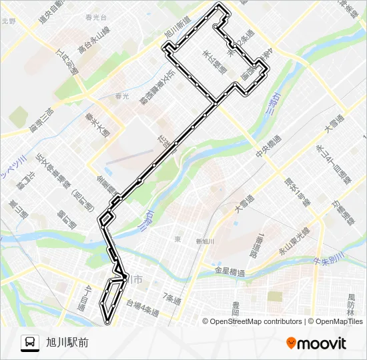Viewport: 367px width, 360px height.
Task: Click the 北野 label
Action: click(x=8, y=21)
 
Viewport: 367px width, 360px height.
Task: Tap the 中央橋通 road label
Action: click(x=269, y=151)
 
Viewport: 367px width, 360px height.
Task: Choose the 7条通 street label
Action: click(x=172, y=298)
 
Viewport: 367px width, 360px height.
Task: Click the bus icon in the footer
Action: click(x=29, y=343)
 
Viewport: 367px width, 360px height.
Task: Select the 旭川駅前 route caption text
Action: click(x=67, y=343)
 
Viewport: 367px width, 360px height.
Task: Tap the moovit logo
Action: click(x=316, y=343)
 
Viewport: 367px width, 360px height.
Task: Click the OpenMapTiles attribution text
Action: click(x=337, y=321)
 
